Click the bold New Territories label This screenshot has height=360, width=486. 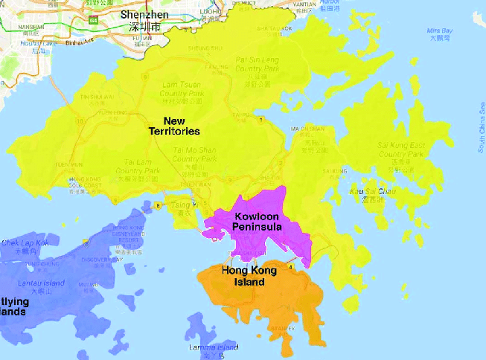[x=174, y=126]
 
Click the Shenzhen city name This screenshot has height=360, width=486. [x=144, y=15]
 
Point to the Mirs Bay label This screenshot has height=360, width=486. [x=438, y=30]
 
